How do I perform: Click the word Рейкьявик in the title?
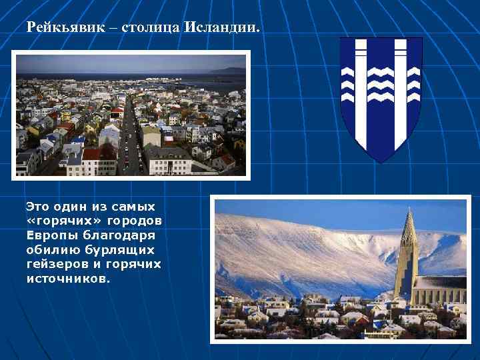(x=59, y=29)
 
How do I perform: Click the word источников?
(x=67, y=279)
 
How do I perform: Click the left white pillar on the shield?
(x=361, y=93)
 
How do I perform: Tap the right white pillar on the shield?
(x=401, y=93)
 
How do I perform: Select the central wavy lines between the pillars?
(x=381, y=83)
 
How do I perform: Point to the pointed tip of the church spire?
(x=409, y=212)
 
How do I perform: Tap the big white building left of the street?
(x=168, y=159)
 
